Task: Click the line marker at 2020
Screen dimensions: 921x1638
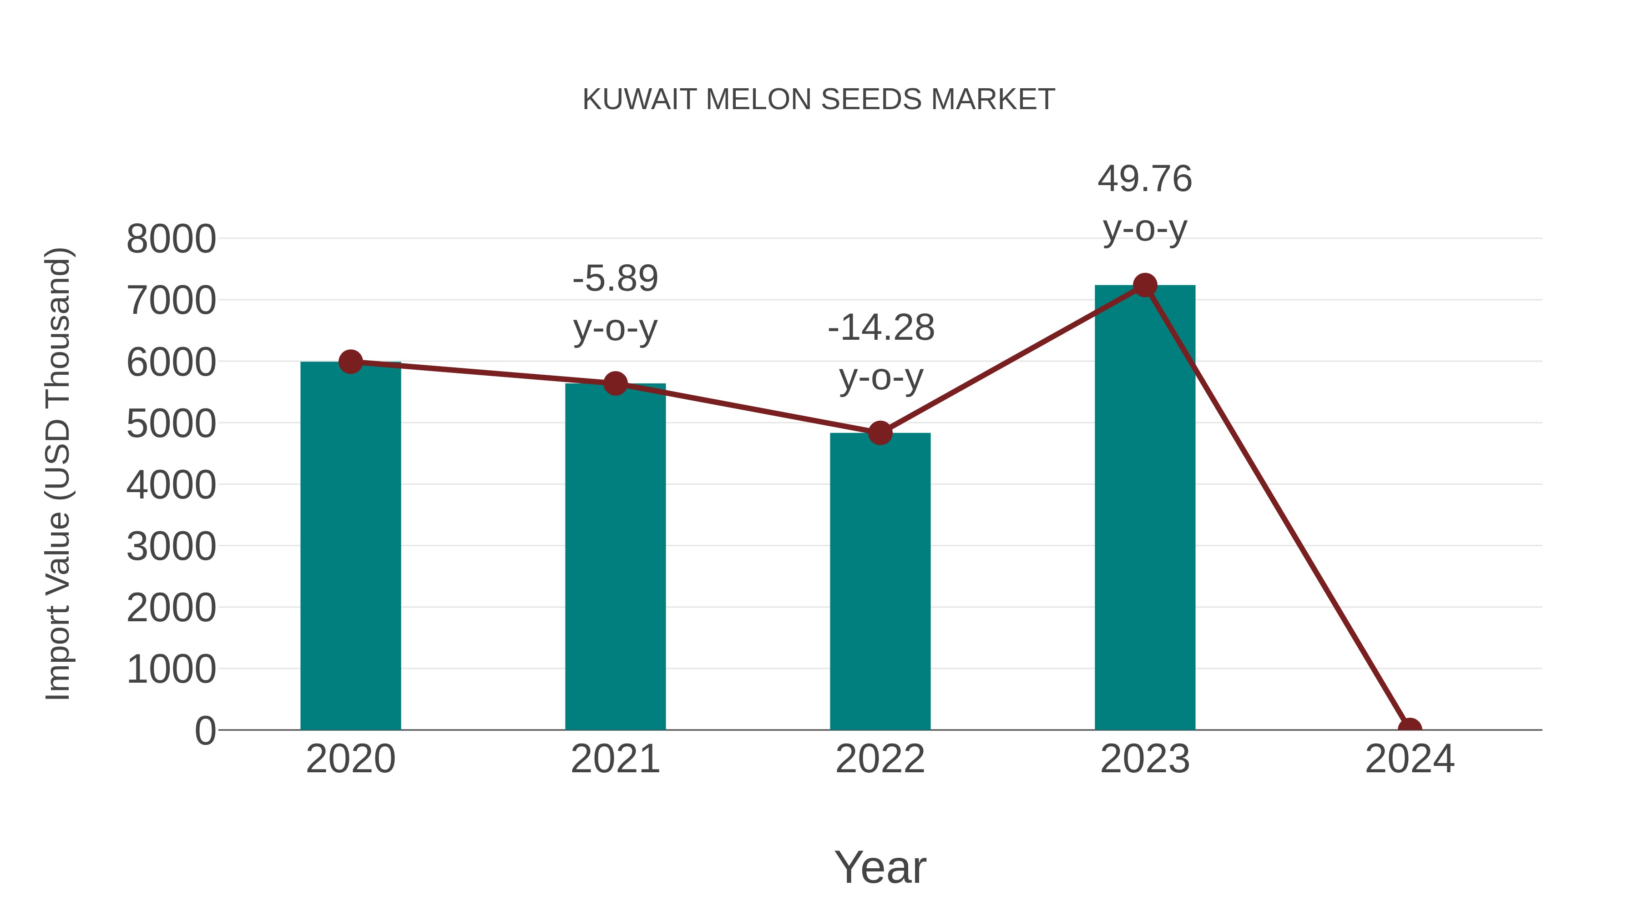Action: (350, 362)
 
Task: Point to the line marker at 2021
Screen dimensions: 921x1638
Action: (615, 383)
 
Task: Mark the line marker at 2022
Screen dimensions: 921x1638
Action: (880, 433)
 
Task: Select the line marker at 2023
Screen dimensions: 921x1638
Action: (1145, 285)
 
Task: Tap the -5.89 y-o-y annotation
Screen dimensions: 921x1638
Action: (615, 303)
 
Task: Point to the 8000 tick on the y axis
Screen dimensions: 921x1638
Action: (171, 240)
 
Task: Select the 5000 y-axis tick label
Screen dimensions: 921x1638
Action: (171, 424)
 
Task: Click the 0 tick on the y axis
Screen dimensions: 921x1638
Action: (205, 731)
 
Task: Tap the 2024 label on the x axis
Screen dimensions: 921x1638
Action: (1409, 759)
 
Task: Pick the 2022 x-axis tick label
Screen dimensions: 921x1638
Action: (880, 759)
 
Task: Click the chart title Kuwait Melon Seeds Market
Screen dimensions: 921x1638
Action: (819, 100)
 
